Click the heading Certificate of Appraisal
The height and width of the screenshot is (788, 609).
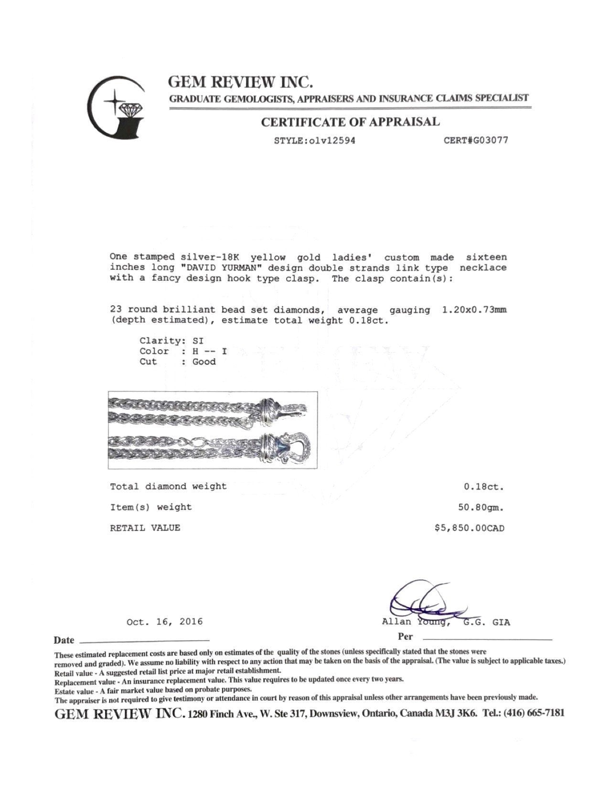tap(350, 122)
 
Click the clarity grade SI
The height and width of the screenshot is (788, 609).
tap(198, 341)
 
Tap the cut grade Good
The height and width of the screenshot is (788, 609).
tap(204, 362)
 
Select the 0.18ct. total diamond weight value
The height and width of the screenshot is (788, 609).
tap(483, 487)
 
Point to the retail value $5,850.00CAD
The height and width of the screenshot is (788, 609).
tap(469, 528)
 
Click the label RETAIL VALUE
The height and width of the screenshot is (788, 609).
tap(145, 528)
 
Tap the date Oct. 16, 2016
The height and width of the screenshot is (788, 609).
tap(165, 622)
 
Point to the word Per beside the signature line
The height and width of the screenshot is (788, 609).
tap(405, 637)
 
